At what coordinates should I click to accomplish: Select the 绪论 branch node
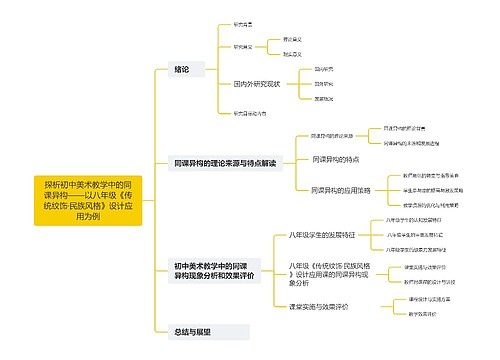pos(182,69)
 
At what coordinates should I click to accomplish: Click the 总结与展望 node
pos(194,330)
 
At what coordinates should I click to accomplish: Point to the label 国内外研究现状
pos(257,85)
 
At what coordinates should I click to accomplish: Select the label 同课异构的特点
pos(336,160)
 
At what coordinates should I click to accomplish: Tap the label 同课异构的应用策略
pos(341,189)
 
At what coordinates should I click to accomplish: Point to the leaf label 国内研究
pos(324,69)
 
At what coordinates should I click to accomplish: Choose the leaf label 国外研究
pos(324,85)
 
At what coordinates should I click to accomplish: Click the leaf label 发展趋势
pos(324,100)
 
